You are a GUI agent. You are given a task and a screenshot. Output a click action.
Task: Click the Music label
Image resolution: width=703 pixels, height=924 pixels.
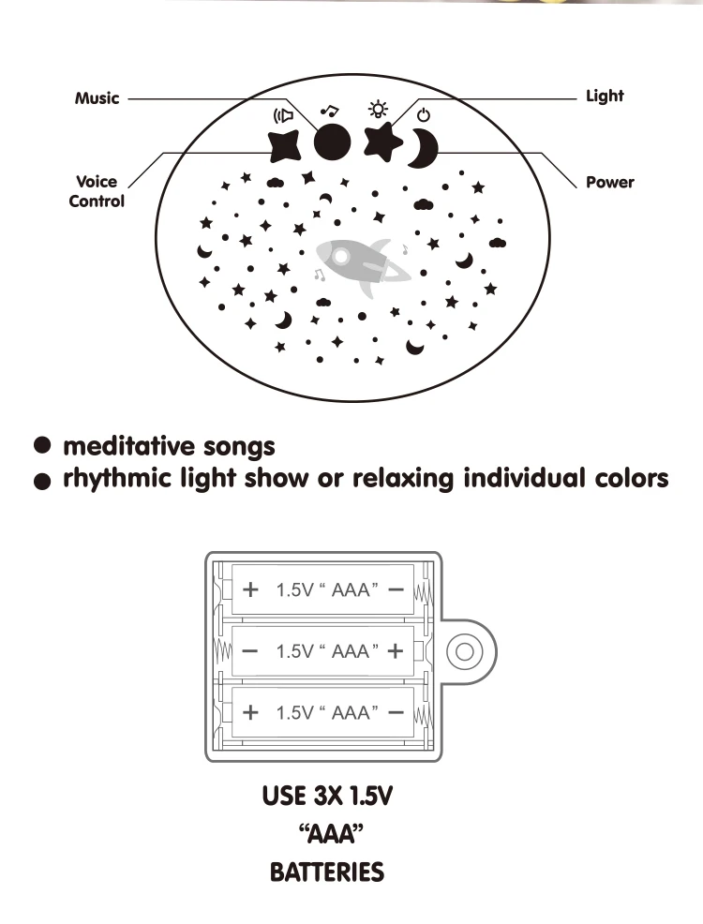pyautogui.click(x=97, y=97)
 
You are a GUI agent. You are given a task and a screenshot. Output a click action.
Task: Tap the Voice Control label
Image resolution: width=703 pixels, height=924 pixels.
pyautogui.click(x=97, y=191)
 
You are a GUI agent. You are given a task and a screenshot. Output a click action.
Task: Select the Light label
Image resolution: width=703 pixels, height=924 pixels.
pyautogui.click(x=604, y=96)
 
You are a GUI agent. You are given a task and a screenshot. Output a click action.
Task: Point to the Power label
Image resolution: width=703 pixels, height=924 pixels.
pyautogui.click(x=609, y=182)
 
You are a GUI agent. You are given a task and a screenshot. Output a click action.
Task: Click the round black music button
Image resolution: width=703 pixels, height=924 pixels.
pyautogui.click(x=332, y=142)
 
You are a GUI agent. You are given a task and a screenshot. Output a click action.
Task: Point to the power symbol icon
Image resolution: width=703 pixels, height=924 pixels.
pyautogui.click(x=424, y=114)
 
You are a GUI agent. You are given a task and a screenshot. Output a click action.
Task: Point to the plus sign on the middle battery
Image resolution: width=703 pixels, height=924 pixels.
pyautogui.click(x=394, y=650)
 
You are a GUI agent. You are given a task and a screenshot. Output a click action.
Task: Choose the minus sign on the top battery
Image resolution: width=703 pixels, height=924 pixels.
pyautogui.click(x=395, y=590)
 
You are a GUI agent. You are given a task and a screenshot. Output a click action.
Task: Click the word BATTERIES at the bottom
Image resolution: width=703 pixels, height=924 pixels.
pyautogui.click(x=326, y=873)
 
